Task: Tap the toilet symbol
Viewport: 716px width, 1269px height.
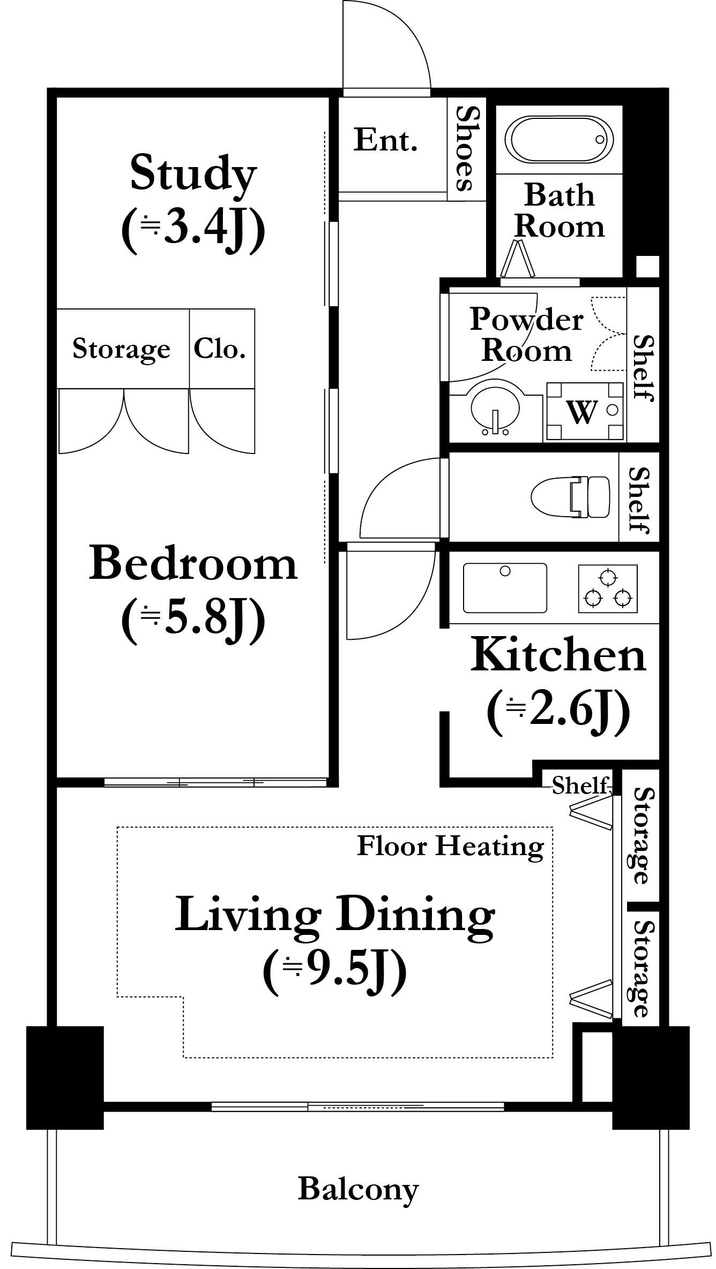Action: (570, 497)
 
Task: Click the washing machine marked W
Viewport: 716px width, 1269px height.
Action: (584, 411)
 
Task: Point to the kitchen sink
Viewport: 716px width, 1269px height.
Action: (505, 587)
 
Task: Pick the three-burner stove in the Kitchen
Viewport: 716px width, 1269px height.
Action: (608, 588)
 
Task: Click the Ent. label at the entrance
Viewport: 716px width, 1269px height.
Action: (385, 140)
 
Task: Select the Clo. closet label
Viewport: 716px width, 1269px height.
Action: (220, 349)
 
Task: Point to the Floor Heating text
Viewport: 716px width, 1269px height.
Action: (450, 847)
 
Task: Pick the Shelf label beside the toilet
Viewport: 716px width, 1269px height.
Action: (639, 500)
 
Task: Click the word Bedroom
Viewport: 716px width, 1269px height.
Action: (193, 563)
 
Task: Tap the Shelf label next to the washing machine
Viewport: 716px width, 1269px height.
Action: (643, 368)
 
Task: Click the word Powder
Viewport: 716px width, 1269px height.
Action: (527, 320)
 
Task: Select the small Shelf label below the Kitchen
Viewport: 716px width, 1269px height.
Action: (581, 785)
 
